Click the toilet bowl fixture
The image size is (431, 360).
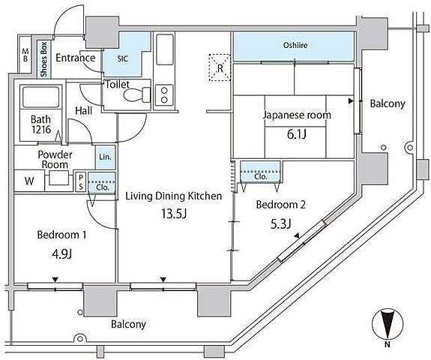137,95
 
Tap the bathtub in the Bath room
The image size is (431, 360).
41,97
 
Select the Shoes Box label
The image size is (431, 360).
43,59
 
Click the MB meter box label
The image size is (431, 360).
25,55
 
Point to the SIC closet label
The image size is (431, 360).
123,58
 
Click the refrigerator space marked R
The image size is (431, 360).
220,67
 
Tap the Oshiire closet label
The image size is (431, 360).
295,45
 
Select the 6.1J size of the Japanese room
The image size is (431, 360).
297,134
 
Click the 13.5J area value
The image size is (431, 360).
174,214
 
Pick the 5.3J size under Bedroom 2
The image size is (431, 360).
280,223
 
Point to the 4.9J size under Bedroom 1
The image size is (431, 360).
62,253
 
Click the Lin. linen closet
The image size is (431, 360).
105,157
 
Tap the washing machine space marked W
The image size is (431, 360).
29,181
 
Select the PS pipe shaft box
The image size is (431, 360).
81,181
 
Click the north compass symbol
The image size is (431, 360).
388,324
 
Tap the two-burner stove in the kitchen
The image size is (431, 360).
164,95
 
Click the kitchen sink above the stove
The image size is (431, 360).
165,49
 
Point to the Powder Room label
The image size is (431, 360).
55,160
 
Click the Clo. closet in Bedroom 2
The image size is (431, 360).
260,172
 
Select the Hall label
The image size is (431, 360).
83,111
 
